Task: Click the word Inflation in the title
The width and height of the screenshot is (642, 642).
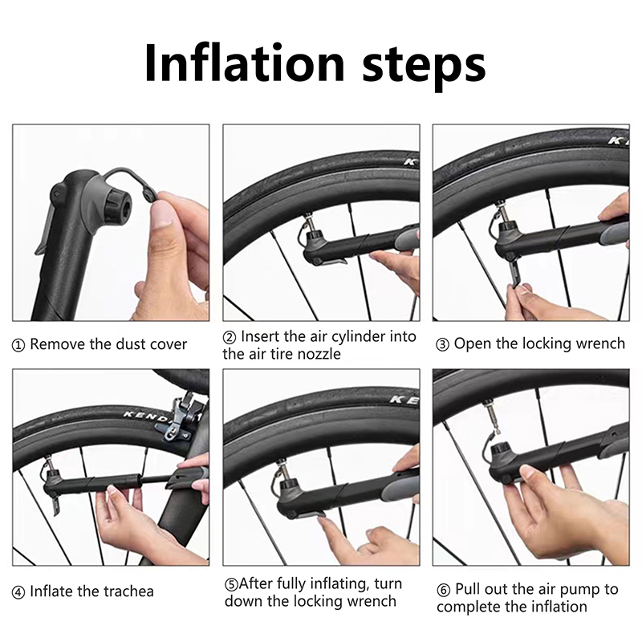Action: click(x=245, y=63)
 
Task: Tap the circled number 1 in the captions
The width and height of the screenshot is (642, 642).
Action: click(x=18, y=346)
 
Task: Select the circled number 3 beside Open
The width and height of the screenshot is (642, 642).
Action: click(x=442, y=345)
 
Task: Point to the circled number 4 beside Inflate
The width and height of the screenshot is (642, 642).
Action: click(x=18, y=592)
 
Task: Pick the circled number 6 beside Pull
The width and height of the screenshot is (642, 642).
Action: click(x=443, y=590)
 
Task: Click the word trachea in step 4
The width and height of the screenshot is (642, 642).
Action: click(x=128, y=591)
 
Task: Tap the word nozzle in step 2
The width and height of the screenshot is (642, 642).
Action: click(x=319, y=354)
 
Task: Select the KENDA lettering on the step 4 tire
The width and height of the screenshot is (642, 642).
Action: click(x=148, y=417)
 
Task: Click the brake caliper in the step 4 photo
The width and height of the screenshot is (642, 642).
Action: click(x=177, y=421)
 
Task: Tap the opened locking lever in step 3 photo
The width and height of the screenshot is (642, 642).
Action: click(x=514, y=271)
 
